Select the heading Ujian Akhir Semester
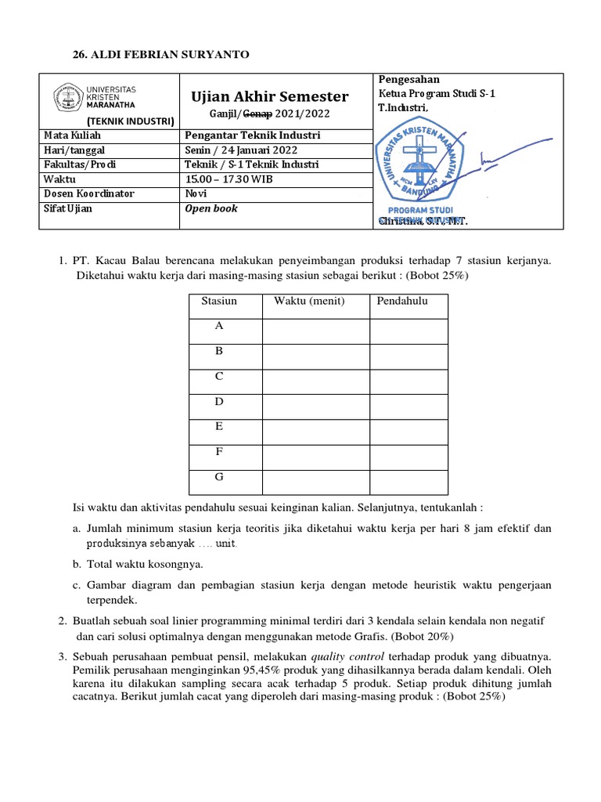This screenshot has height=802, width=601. pos(270,96)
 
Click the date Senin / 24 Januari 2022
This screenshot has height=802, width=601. pos(241,150)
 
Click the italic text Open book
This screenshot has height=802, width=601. pos(211,209)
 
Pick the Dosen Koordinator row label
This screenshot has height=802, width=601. pos(88,194)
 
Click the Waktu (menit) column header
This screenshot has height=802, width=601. pos(309,302)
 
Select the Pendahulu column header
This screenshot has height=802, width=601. pos(402,302)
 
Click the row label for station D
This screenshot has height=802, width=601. pos(220,402)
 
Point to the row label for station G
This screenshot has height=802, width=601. pos(220,476)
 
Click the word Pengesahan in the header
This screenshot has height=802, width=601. pos(408,80)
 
